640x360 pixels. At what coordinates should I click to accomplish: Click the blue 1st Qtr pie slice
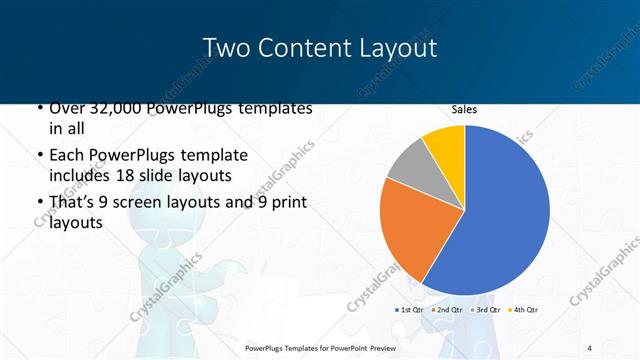(500, 210)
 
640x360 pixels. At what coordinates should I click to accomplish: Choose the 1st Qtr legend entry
(410, 310)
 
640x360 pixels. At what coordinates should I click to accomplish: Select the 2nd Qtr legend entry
(448, 310)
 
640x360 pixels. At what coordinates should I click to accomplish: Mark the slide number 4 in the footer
(590, 347)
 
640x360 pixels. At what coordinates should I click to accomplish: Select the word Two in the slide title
(225, 48)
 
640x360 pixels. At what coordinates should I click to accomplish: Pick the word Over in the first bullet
(65, 108)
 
